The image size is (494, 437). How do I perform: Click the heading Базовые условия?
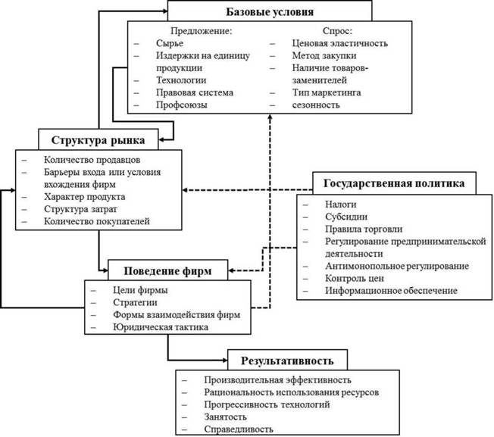(270, 12)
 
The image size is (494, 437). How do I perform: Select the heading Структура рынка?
(98, 140)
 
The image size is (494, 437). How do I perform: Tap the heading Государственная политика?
(394, 183)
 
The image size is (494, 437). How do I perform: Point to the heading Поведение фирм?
(167, 271)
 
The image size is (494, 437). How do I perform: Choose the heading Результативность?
(287, 361)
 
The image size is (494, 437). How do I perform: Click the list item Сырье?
(170, 43)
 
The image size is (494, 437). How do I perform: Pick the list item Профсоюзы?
(182, 105)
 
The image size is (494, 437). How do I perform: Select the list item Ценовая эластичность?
(339, 43)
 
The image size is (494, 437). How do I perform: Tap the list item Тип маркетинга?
(327, 92)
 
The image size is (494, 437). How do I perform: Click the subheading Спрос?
(337, 31)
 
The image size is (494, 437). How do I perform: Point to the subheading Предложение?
(202, 31)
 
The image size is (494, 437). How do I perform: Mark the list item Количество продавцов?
(92, 160)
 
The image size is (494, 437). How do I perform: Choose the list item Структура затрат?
(80, 209)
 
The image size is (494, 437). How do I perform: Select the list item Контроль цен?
(355, 278)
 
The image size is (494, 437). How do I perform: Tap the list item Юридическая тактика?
(161, 327)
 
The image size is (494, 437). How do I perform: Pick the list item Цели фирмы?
(140, 290)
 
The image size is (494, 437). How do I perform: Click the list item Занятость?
(225, 417)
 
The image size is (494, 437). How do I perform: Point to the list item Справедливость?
(239, 429)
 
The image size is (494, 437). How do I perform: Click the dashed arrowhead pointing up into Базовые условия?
(270, 117)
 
